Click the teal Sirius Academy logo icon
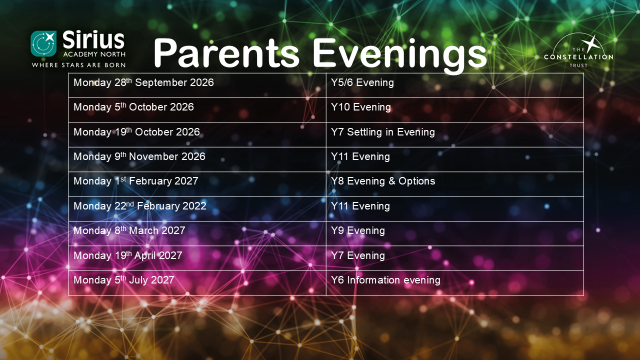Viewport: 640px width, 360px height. tap(43, 43)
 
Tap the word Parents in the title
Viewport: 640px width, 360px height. tap(226, 53)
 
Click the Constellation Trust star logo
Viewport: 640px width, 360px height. tap(578, 50)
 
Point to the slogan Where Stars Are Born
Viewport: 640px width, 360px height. tap(78, 65)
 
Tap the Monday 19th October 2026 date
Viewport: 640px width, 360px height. tap(136, 132)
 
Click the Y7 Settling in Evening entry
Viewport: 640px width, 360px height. tap(383, 132)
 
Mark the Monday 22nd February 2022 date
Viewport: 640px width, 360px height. tap(140, 206)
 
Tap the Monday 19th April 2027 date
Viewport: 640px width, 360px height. tap(127, 255)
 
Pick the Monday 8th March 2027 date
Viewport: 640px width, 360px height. tap(129, 230)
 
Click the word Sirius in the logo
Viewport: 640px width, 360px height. tap(93, 39)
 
